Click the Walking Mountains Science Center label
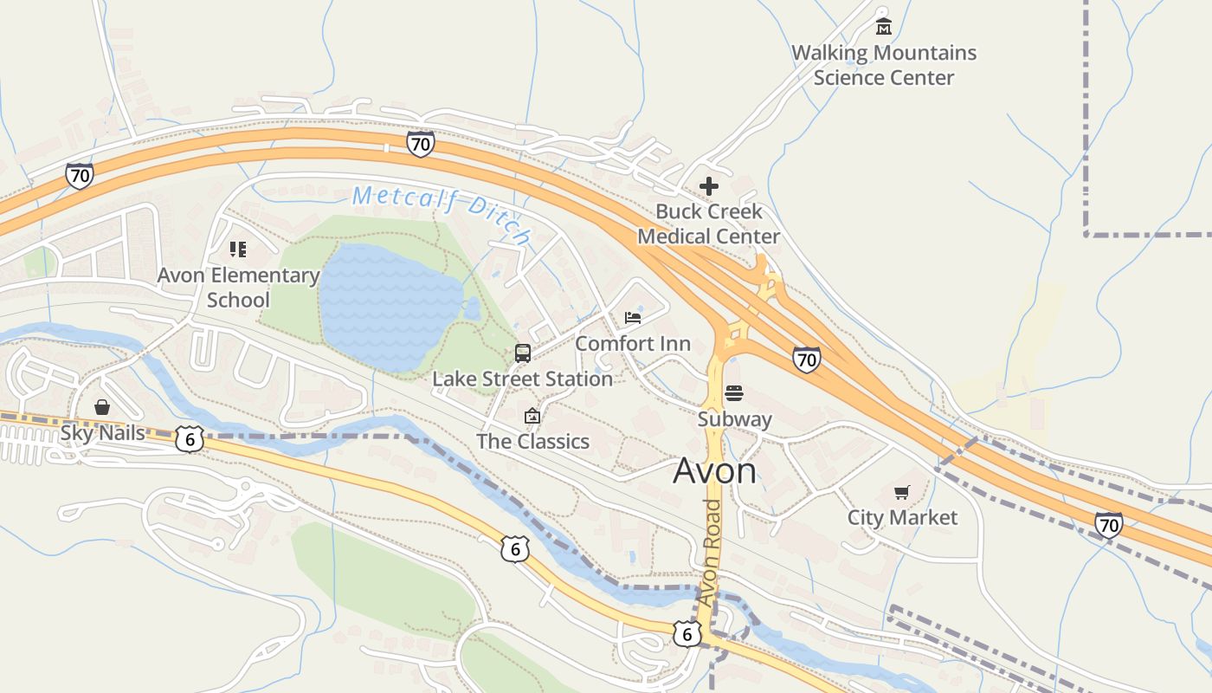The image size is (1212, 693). point(884,65)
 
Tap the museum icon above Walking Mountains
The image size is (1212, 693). point(883,26)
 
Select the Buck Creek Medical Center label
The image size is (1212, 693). point(709,223)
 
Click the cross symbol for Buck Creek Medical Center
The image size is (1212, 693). point(709,186)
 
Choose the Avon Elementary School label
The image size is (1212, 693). point(238,288)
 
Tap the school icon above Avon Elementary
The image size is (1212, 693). point(238,250)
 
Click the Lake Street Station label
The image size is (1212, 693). point(523,379)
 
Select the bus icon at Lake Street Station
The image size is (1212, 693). point(523,353)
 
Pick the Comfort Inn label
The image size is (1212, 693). point(633,343)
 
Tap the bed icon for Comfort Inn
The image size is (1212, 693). point(633,318)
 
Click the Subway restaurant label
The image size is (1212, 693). point(735,419)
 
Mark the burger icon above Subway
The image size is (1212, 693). point(734,393)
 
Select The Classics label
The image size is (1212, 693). point(532,441)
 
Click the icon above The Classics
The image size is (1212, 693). point(532,417)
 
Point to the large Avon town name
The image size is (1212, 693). point(714,470)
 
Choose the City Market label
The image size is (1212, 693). point(902,517)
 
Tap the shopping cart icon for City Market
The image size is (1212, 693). point(902,492)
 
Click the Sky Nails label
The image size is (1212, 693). point(102,432)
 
